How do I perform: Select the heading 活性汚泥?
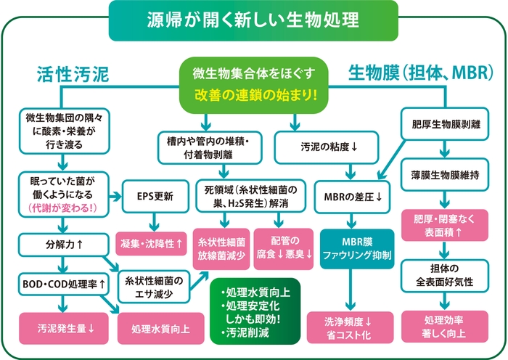72,74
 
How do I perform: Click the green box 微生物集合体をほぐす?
254,75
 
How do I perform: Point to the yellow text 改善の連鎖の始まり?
254,94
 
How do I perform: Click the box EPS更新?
154,196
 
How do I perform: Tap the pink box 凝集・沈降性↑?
154,240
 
